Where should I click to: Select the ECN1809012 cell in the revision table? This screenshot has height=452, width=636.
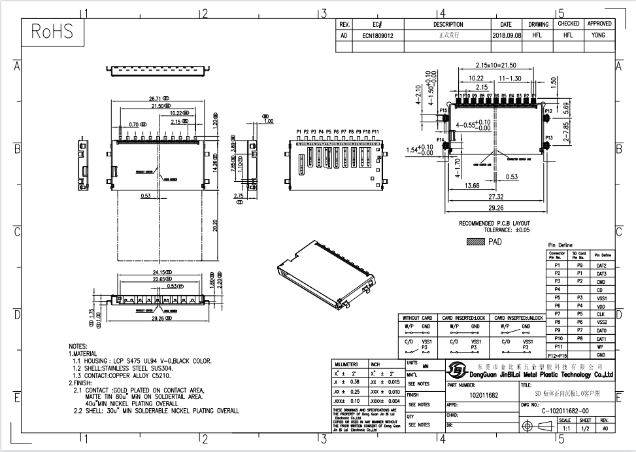point(378,36)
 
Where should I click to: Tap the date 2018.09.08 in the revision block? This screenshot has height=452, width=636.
point(507,36)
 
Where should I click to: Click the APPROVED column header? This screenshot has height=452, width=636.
point(599,24)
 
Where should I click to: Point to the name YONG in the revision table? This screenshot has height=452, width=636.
point(598,36)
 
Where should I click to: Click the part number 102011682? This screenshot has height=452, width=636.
point(484,395)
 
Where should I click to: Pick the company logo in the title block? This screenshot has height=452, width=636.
point(458,370)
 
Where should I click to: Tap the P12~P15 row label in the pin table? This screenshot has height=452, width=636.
point(557,355)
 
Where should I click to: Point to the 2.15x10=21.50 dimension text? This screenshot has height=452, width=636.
point(496,65)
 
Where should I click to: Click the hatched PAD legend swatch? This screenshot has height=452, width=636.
point(475,241)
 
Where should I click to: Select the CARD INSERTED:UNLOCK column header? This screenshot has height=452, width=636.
point(518,319)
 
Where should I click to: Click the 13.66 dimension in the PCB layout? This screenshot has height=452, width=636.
point(471,186)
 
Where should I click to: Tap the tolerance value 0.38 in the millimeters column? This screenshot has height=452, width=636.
point(356,381)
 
